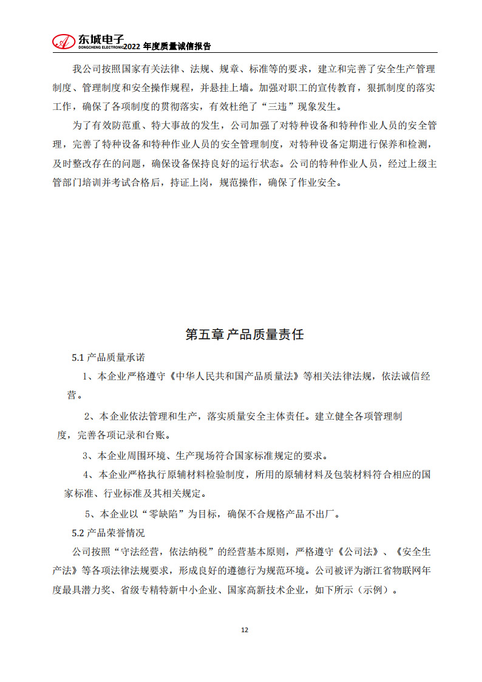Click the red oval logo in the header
63,41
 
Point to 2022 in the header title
134,46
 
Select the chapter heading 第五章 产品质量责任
244,335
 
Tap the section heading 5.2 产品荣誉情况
108,533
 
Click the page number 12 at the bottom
245,630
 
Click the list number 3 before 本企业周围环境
86,455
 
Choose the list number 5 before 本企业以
87,514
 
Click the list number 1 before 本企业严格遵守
86,377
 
